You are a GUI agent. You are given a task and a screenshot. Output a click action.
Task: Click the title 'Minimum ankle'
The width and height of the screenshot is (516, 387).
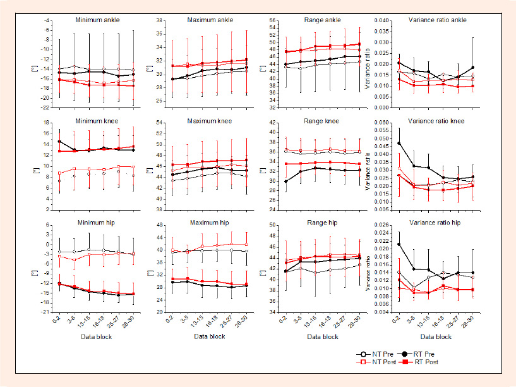point(94,20)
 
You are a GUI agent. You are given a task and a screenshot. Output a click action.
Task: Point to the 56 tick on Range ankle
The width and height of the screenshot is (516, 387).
point(273,21)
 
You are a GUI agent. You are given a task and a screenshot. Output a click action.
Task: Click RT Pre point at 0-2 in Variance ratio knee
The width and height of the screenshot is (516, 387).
point(397,144)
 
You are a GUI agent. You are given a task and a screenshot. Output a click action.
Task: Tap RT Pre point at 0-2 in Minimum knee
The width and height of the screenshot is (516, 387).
point(59,142)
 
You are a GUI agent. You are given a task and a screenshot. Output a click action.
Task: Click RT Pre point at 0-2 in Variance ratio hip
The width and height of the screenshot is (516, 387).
point(397,244)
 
